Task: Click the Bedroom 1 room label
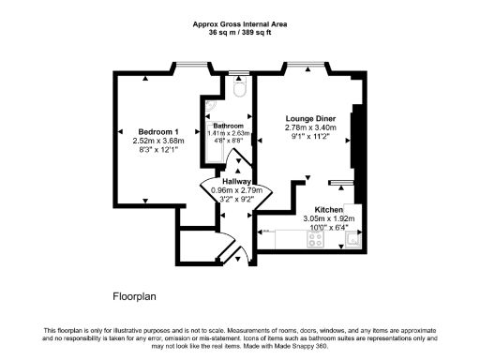[157, 130]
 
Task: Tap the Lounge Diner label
[310, 119]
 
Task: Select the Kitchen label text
[329, 209]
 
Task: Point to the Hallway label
[236, 180]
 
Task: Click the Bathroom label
[228, 126]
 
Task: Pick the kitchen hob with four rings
[315, 238]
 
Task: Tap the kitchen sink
[352, 238]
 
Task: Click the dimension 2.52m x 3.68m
[157, 140]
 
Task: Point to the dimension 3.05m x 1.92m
[329, 218]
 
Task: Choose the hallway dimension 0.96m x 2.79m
[236, 189]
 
